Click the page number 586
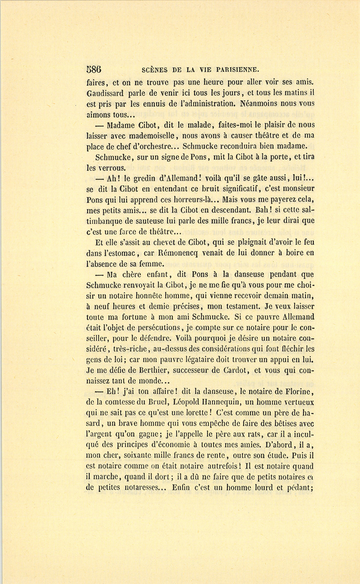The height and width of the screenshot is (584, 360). click(94, 69)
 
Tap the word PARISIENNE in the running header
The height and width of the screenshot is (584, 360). click(236, 69)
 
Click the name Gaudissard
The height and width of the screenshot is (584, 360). click(105, 94)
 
